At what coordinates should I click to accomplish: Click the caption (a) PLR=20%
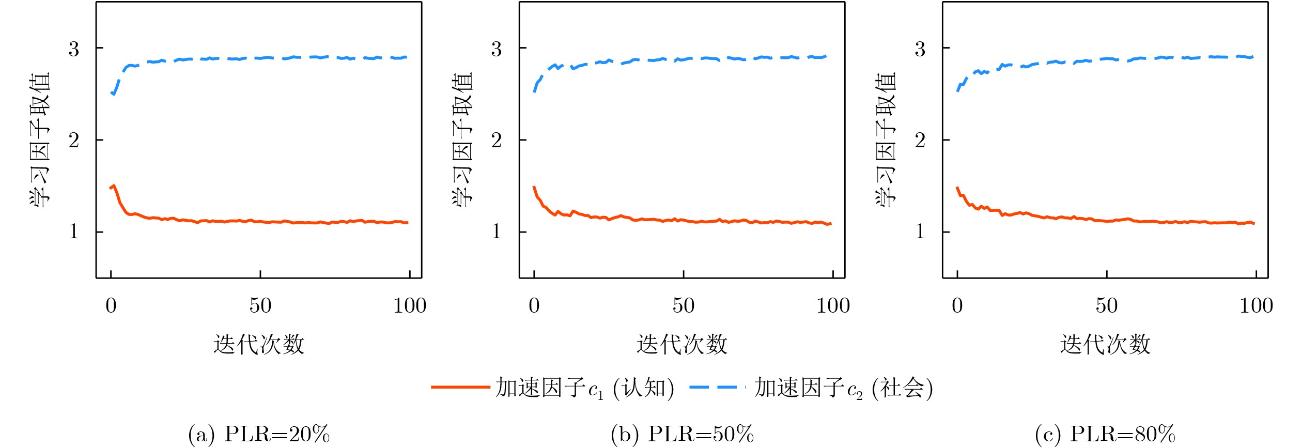(259, 434)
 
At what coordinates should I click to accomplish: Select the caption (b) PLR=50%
(683, 434)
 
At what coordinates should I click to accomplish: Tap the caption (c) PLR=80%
(1106, 434)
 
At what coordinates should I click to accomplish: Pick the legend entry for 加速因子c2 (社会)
(812, 388)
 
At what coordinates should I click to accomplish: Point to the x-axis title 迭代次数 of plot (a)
(259, 344)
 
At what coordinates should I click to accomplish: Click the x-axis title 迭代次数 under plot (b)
(682, 344)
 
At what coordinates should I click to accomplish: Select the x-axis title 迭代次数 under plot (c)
(1105, 344)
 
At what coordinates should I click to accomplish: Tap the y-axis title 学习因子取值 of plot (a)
(40, 140)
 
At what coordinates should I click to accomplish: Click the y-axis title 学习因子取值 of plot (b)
(463, 140)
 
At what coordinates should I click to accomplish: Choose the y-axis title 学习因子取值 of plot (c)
(886, 140)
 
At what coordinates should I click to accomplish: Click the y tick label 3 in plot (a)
(74, 49)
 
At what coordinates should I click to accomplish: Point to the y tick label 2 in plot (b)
(497, 140)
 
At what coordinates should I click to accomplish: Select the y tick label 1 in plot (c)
(920, 231)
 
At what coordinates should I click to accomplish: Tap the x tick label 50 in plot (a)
(260, 305)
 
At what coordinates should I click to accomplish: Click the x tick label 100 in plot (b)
(833, 305)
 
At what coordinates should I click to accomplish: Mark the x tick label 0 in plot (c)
(957, 305)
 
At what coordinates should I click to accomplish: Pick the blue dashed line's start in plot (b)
(534, 91)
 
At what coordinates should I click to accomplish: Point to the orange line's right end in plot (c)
(1254, 223)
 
